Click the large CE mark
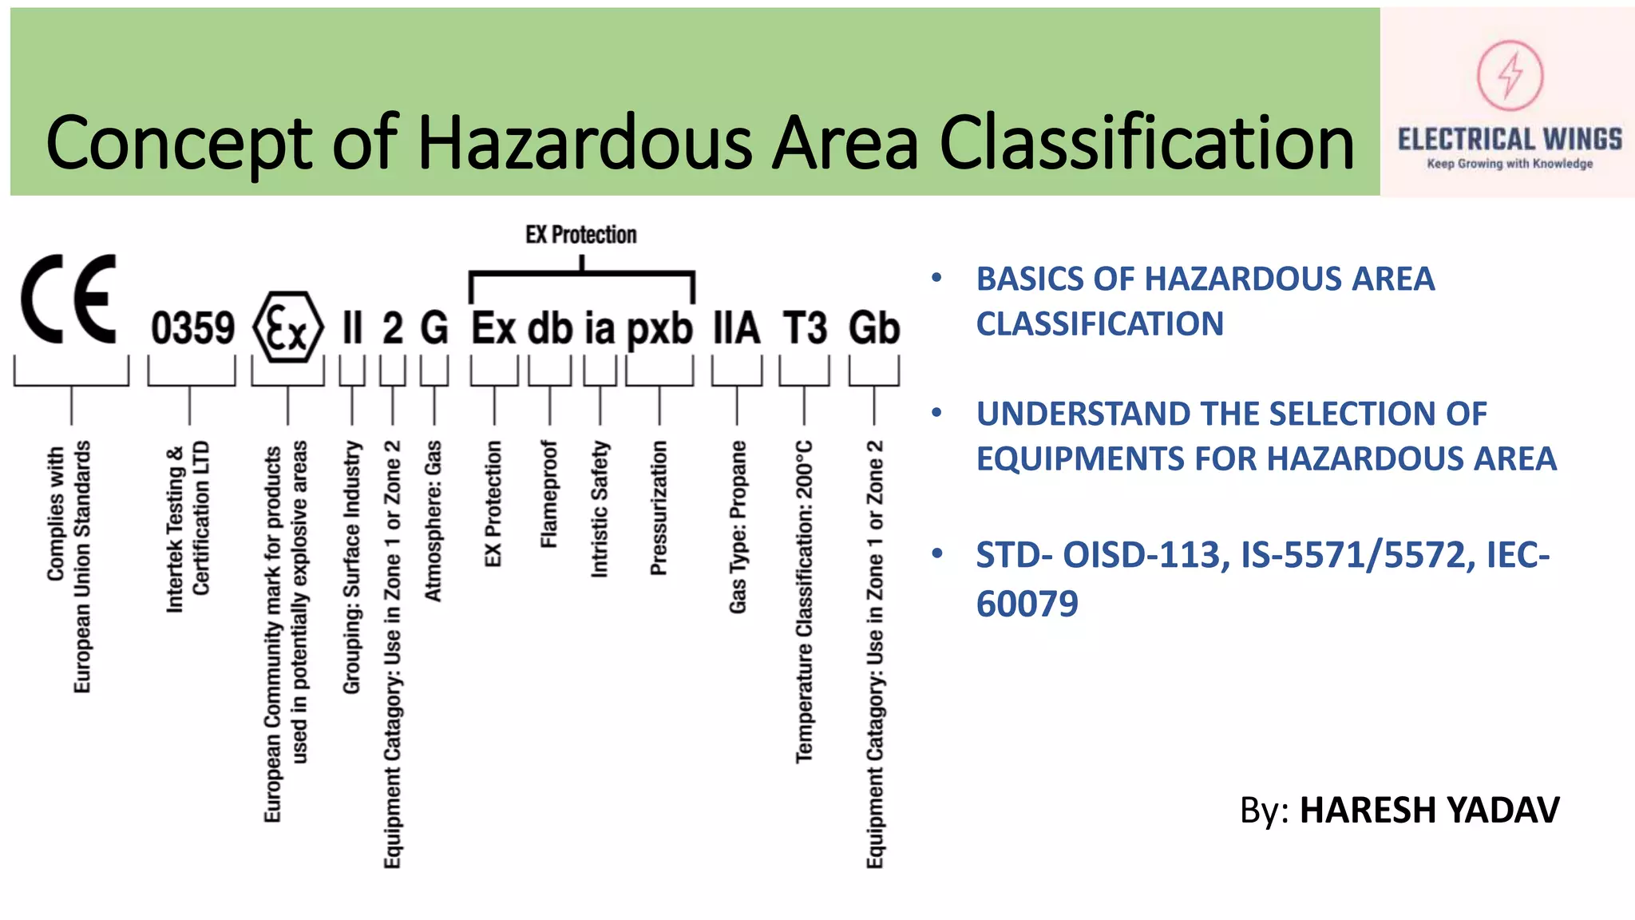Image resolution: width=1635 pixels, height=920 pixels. (x=69, y=299)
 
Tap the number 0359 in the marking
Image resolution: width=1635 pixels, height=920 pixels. (x=192, y=328)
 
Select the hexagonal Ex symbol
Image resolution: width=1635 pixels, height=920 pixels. (x=287, y=328)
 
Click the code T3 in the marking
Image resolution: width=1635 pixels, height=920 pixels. (x=805, y=328)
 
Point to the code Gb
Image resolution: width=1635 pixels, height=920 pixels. (x=874, y=328)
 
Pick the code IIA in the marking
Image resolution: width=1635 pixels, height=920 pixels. (x=736, y=328)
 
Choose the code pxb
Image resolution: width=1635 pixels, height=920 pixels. (x=659, y=328)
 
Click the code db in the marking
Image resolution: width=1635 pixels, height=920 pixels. (x=550, y=328)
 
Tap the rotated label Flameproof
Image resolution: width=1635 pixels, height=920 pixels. (x=549, y=494)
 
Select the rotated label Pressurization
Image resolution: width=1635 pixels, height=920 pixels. (x=659, y=508)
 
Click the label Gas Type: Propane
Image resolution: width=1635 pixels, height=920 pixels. (x=738, y=527)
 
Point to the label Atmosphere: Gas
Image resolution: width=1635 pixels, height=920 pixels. (x=433, y=521)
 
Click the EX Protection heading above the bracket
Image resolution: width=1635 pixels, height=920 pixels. (x=580, y=235)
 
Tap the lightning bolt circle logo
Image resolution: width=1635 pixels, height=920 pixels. (x=1509, y=75)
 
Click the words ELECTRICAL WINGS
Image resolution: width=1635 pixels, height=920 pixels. (x=1509, y=140)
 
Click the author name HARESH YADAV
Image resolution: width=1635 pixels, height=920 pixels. (x=1429, y=810)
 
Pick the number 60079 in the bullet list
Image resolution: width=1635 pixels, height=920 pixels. (x=1027, y=604)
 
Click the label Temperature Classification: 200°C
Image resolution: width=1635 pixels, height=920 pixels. (x=804, y=601)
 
